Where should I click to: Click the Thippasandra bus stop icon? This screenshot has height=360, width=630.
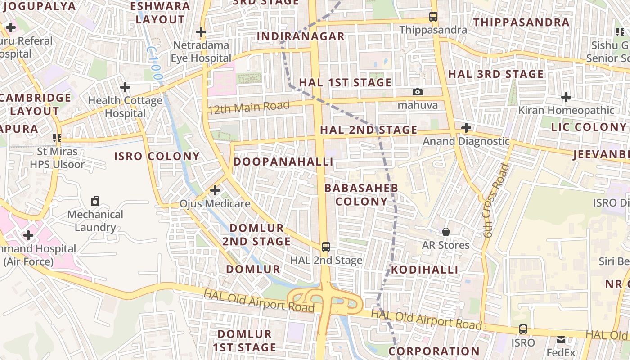coord(433,17)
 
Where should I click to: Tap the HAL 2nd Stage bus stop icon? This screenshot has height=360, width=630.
coord(326,247)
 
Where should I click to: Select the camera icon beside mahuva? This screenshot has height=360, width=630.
coord(418,92)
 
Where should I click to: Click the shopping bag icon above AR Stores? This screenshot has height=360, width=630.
coord(446,232)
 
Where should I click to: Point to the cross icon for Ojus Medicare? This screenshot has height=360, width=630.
coord(215,190)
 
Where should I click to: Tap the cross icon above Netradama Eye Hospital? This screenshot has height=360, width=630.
coord(201,32)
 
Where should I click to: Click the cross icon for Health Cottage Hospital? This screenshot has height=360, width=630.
coord(125,87)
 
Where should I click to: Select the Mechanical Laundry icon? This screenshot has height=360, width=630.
coord(95,201)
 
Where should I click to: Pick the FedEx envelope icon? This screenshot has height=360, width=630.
coord(561,339)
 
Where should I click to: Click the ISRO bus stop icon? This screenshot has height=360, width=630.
coord(523,329)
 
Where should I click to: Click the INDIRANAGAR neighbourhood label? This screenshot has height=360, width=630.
coord(301,36)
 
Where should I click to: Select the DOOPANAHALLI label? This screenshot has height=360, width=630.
coord(283,162)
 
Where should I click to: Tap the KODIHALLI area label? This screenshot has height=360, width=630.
coord(424,270)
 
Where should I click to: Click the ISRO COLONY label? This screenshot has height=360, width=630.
coord(157,157)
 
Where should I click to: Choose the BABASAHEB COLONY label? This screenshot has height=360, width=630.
coord(361,194)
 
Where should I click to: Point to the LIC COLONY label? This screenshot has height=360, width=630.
coord(589,127)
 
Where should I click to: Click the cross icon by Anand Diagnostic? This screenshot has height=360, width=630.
coord(466,128)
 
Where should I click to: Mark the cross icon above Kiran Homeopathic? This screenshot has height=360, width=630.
coord(566,97)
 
